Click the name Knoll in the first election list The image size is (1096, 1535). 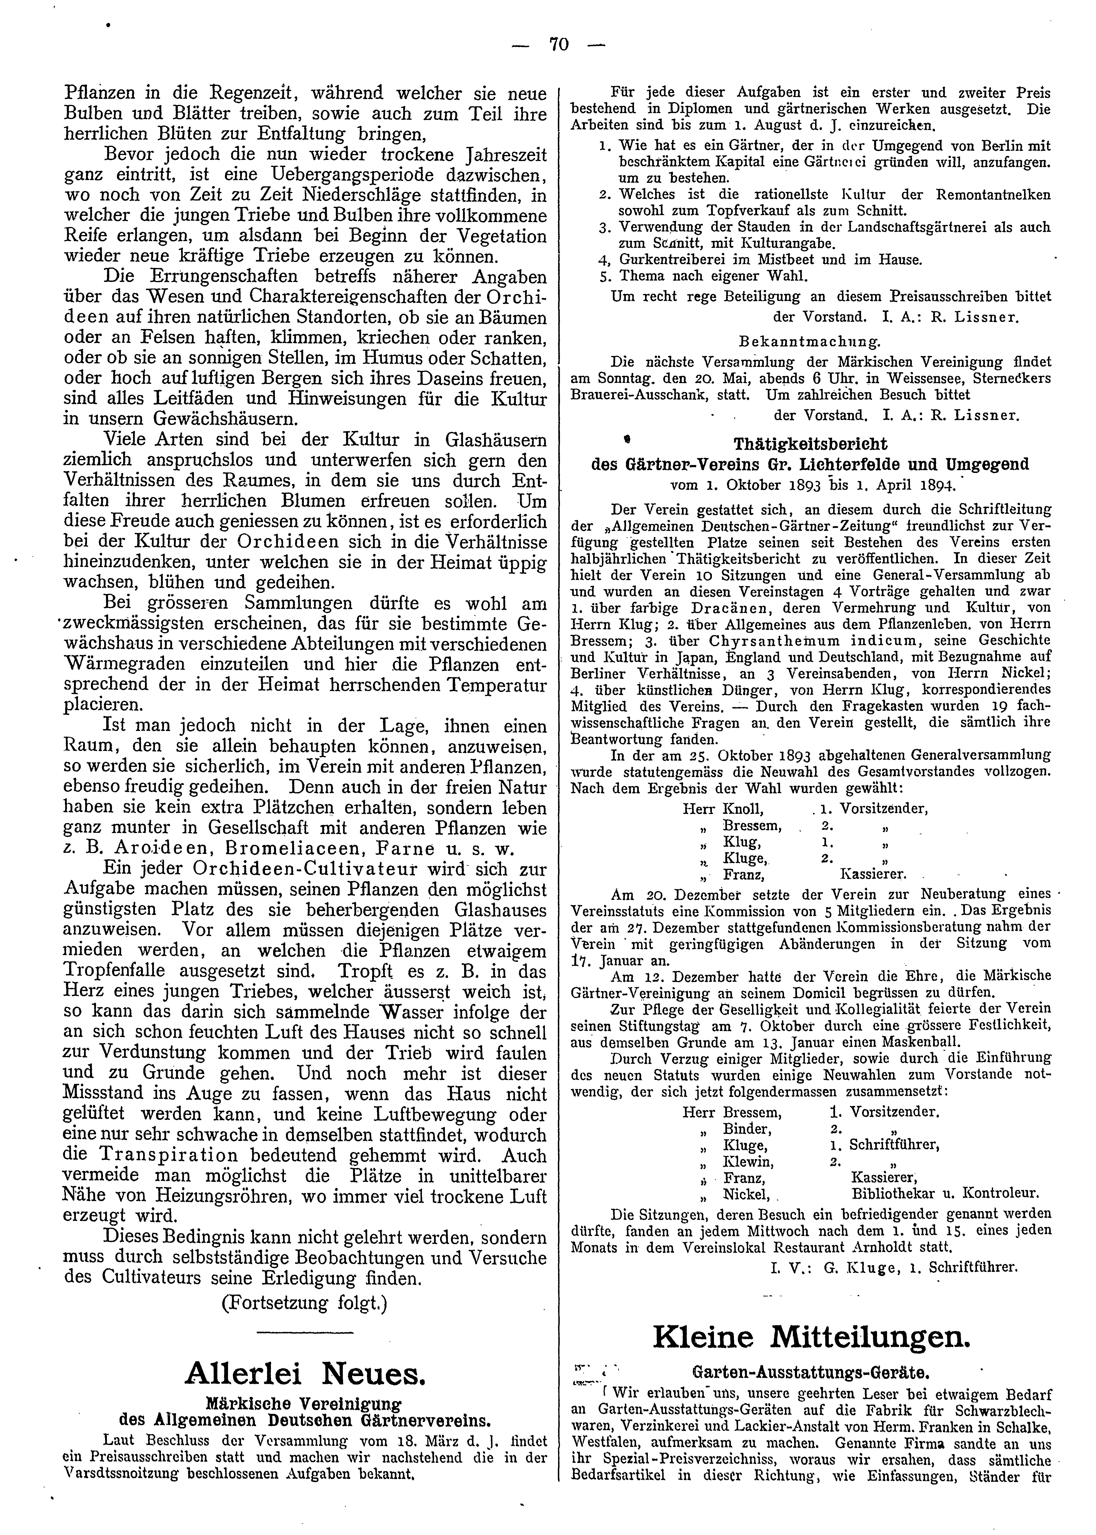[742, 809]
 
